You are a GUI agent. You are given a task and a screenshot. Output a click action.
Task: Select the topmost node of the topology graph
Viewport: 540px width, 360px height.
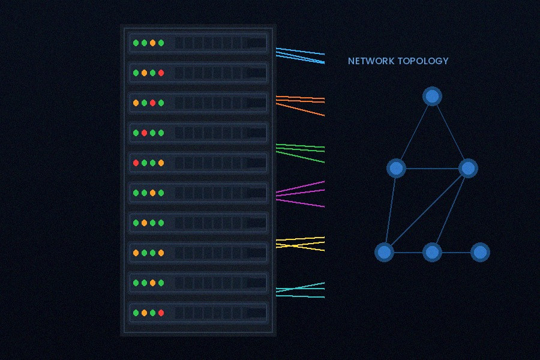(x=432, y=97)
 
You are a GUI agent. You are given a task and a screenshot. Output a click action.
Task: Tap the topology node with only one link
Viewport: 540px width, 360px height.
(x=479, y=253)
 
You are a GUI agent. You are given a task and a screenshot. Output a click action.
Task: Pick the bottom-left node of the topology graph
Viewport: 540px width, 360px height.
(x=384, y=253)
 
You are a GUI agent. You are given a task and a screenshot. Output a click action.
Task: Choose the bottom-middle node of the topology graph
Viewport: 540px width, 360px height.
(x=432, y=253)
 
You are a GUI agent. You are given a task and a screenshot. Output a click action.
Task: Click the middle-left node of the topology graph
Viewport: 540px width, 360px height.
(x=396, y=169)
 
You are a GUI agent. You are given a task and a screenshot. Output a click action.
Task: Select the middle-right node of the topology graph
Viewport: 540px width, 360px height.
(x=468, y=169)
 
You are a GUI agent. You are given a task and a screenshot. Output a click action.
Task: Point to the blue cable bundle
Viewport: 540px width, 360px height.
(x=300, y=55)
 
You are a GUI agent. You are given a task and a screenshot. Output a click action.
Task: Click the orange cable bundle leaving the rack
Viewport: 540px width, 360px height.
(x=300, y=101)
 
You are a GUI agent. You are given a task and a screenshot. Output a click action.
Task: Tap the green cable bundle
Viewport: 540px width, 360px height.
(x=300, y=151)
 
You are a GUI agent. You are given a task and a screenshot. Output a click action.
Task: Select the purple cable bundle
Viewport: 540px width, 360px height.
(x=300, y=193)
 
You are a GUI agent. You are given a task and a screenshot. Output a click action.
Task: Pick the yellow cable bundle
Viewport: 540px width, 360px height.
(x=300, y=243)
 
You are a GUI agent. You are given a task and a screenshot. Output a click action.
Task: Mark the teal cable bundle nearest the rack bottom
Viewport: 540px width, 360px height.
(x=300, y=290)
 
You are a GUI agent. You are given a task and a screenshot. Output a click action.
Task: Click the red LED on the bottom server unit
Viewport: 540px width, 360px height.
(x=161, y=313)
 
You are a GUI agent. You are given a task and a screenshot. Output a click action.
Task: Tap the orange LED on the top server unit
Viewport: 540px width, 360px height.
(x=152, y=43)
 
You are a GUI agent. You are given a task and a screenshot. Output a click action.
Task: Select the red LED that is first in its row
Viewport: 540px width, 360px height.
(x=136, y=163)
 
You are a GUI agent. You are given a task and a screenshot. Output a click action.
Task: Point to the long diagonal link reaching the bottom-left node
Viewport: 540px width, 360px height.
(x=426, y=210)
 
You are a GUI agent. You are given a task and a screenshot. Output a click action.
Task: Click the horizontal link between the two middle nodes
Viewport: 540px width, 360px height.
(x=432, y=169)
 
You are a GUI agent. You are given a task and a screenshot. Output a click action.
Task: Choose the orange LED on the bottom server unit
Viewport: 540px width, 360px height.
(x=144, y=313)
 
